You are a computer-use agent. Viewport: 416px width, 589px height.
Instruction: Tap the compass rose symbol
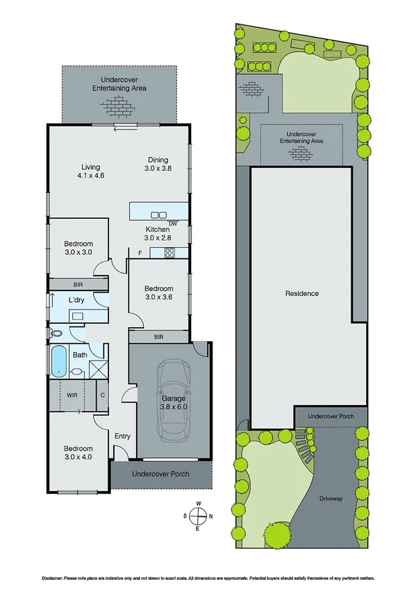pos(198,515)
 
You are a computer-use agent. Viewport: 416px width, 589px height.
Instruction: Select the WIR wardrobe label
pos(72,395)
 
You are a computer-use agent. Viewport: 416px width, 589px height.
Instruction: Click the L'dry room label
pos(76,299)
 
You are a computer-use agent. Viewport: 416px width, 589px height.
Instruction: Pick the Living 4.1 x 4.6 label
pos(91,172)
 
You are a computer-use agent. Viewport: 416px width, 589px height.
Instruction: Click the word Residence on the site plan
pos(302,294)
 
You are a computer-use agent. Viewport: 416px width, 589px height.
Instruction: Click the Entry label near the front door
pos(122,436)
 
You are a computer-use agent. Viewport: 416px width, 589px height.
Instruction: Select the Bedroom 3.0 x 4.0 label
pos(78,453)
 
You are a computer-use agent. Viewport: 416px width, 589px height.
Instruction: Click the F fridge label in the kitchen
pos(140,252)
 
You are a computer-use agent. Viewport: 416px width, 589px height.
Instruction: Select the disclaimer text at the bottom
pos(208,577)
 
